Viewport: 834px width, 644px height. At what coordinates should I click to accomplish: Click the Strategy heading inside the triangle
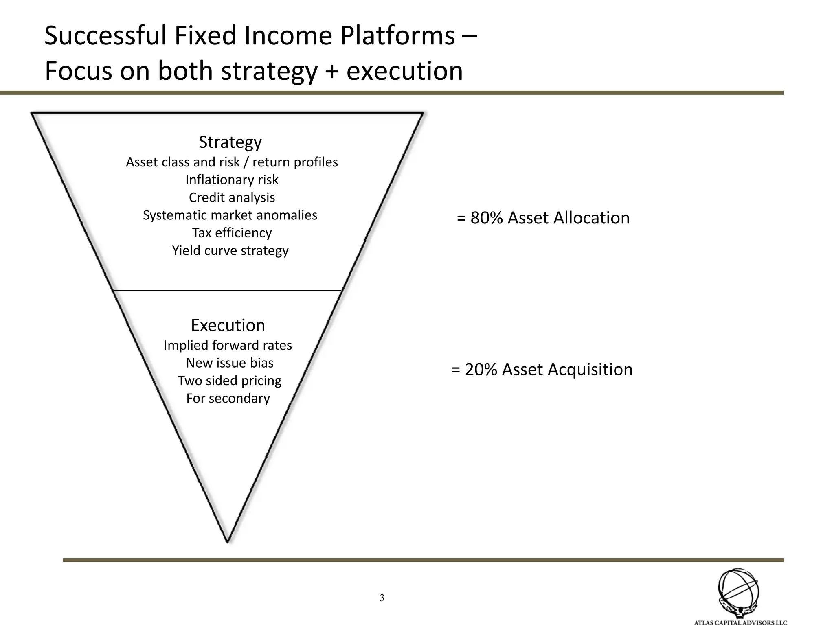[230, 142]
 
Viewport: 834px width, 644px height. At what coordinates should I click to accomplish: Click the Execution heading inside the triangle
[228, 325]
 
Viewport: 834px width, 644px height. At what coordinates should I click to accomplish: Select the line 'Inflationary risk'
[232, 180]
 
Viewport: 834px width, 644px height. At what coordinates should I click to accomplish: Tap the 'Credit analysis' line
[232, 197]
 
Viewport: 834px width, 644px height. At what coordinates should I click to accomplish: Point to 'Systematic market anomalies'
[230, 215]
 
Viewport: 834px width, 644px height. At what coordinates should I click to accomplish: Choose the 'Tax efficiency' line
[232, 233]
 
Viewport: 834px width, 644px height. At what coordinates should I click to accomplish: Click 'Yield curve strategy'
[230, 250]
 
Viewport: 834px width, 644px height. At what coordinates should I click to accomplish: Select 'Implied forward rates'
[228, 345]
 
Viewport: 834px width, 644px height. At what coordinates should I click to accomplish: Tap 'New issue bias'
[230, 363]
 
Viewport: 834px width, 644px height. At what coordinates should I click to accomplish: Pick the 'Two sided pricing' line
[229, 381]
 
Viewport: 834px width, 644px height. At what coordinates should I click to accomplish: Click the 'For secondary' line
[228, 398]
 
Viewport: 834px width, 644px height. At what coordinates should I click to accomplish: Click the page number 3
[382, 598]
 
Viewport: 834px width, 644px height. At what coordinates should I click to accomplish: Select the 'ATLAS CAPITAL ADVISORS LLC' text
[740, 623]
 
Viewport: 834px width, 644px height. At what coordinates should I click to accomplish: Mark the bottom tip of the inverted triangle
[227, 541]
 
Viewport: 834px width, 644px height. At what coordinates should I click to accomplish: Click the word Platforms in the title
[397, 36]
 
